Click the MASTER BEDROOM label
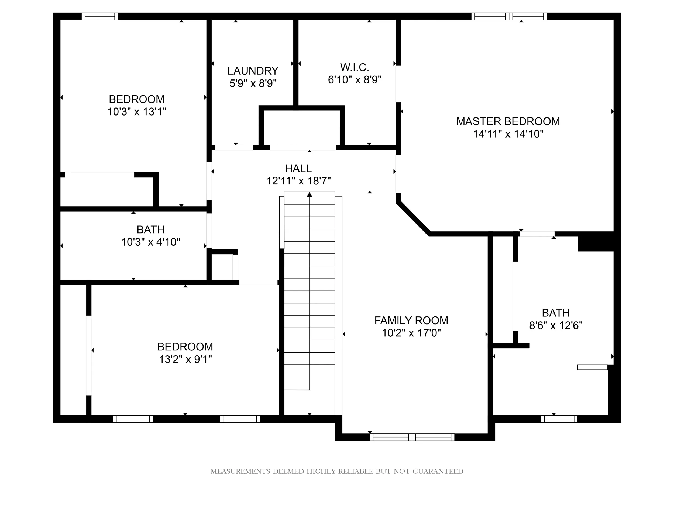[x=508, y=121]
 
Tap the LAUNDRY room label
[x=253, y=71]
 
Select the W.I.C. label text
[x=355, y=67]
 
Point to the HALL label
[x=298, y=168]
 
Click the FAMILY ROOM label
[x=411, y=321]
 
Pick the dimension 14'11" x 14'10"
[x=508, y=134]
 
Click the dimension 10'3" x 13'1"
[x=137, y=112]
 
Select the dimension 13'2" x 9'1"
[x=185, y=360]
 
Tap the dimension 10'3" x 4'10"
[x=151, y=242]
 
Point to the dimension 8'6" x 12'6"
[x=556, y=325]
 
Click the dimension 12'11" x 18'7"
[x=299, y=181]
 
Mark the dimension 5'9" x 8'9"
[x=253, y=83]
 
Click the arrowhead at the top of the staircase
[x=310, y=194]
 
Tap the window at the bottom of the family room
[x=412, y=437]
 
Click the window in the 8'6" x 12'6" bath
[x=559, y=419]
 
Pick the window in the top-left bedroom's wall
[x=100, y=16]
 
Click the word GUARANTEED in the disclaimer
[x=438, y=472]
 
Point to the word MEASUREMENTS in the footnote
[x=240, y=472]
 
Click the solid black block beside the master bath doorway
[x=596, y=241]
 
